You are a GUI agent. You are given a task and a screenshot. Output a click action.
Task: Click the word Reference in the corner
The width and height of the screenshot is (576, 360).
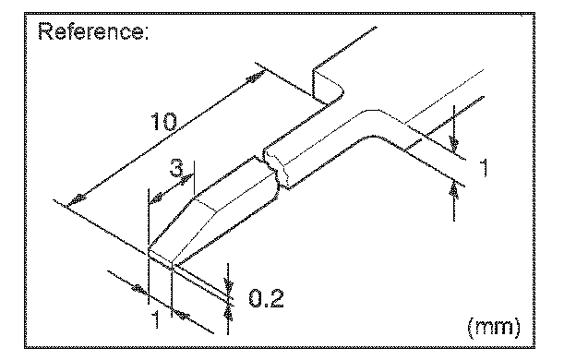(90, 31)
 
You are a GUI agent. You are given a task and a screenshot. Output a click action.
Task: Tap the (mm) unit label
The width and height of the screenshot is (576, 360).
(494, 326)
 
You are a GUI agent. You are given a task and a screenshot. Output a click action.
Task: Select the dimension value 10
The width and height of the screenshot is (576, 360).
(163, 122)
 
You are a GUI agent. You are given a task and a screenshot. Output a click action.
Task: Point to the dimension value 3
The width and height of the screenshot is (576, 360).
(176, 168)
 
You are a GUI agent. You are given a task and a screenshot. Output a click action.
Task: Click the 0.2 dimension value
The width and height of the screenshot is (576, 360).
(266, 298)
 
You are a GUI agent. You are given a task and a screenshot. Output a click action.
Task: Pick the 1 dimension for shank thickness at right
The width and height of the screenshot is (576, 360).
(485, 168)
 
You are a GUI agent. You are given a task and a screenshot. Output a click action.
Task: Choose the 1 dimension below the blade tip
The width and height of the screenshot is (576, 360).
(157, 318)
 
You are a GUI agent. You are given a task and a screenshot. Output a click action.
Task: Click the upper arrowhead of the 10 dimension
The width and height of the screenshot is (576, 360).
(256, 78)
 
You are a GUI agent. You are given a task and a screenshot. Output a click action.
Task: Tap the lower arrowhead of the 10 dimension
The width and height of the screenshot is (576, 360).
(78, 199)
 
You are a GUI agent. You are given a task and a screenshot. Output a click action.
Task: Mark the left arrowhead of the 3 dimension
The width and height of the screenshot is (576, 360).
(156, 198)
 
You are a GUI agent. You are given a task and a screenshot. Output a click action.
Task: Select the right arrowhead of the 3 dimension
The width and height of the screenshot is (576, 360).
(187, 179)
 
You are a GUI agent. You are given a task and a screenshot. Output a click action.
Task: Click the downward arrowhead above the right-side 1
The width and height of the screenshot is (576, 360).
(454, 144)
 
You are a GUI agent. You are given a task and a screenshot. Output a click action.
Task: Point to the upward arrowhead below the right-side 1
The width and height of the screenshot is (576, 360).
(454, 191)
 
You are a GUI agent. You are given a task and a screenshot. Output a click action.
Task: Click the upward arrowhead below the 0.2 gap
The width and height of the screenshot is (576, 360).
(228, 313)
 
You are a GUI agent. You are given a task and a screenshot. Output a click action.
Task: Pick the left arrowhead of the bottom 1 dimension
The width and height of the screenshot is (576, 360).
(139, 289)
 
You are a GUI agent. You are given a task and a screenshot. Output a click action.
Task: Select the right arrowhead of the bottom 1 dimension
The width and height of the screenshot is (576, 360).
(181, 314)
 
